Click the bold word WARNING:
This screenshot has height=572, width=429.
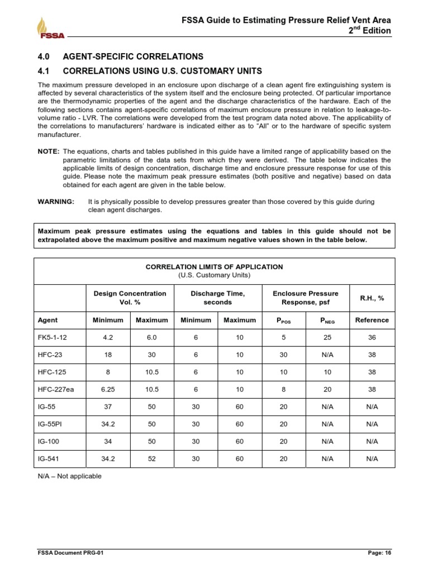(55, 202)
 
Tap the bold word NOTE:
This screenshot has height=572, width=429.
(49, 151)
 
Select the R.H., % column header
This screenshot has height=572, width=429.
(371, 298)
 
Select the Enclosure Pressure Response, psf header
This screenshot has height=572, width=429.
(305, 298)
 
